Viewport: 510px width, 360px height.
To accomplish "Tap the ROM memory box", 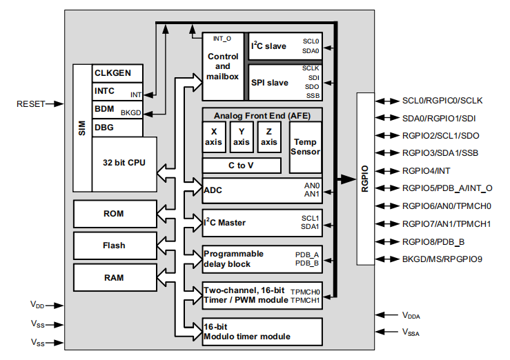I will [114, 214].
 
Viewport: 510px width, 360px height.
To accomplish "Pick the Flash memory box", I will [114, 246].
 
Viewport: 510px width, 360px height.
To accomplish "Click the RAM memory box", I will [114, 277].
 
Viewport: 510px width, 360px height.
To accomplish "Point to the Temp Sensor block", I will [305, 147].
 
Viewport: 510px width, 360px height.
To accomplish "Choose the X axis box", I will [214, 137].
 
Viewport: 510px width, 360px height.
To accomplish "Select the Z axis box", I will [269, 137].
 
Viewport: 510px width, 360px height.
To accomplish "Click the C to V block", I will [242, 166].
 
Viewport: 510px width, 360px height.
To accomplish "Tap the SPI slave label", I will [270, 83].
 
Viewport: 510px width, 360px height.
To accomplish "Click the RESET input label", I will [30, 104].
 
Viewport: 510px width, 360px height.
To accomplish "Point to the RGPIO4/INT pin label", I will [426, 170].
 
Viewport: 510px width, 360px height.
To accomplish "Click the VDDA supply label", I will [411, 314].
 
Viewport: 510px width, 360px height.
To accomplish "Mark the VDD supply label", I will [39, 303].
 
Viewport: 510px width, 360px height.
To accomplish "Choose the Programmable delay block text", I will [233, 259].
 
